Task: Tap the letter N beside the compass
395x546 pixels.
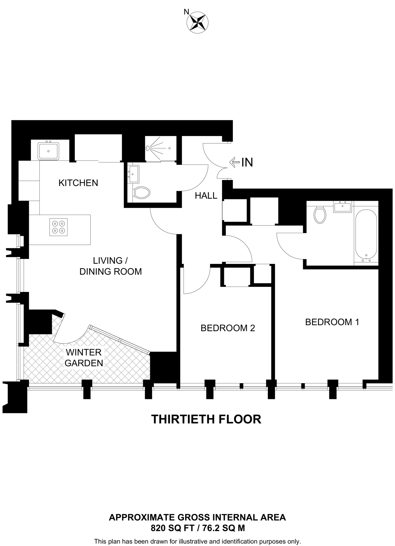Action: tap(186, 12)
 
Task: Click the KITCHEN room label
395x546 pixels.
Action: tap(78, 183)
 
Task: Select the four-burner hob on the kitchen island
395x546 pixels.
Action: tap(58, 227)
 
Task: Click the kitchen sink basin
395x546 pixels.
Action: tap(48, 151)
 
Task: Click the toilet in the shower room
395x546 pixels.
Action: tap(141, 192)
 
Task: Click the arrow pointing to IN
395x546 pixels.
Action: tap(234, 162)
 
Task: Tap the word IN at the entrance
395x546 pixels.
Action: tap(247, 162)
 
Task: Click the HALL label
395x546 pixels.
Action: tap(206, 196)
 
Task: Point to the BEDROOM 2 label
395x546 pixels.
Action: tap(228, 328)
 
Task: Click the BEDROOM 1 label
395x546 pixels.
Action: tap(332, 322)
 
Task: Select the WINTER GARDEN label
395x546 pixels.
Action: tap(84, 358)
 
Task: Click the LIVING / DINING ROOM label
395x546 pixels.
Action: tap(111, 266)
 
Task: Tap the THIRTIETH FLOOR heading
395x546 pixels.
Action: tap(206, 419)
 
